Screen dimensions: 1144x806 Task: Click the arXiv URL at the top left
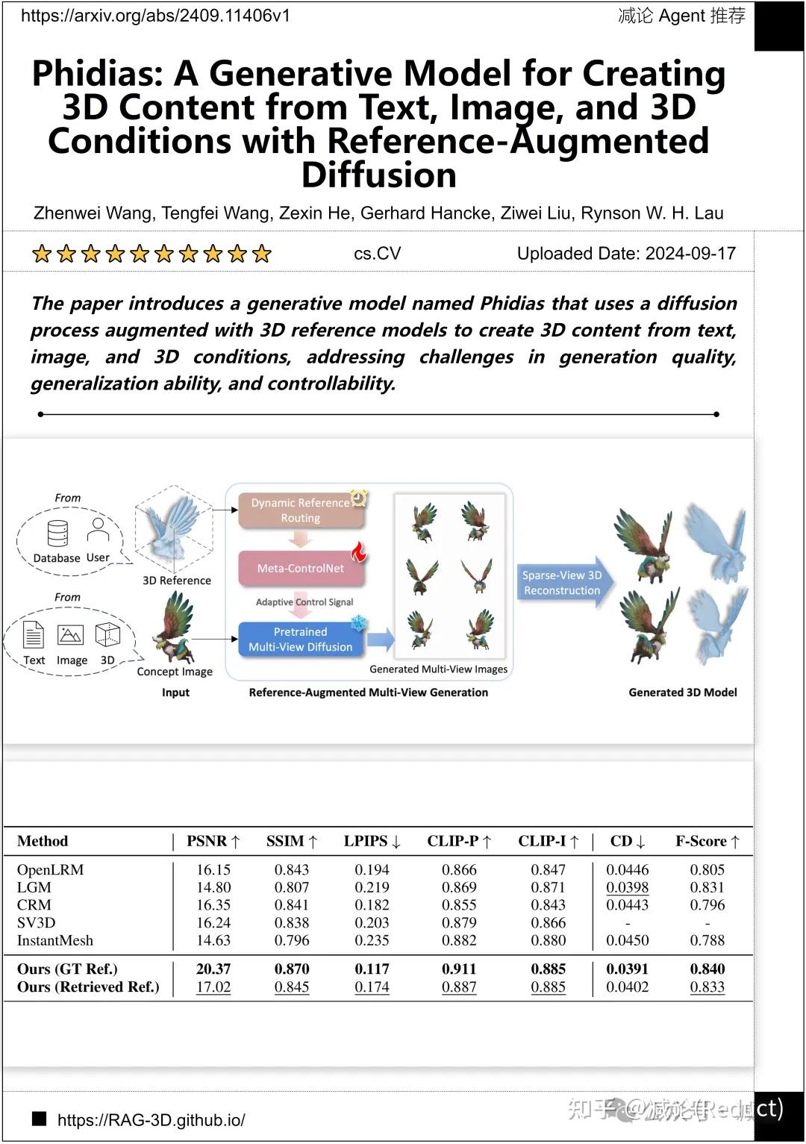[x=155, y=16]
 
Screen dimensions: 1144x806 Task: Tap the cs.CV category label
[x=377, y=254]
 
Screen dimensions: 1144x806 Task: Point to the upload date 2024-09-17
[x=690, y=254]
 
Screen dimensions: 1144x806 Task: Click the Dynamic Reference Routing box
[x=300, y=510]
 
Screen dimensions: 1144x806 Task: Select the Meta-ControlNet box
[x=300, y=569]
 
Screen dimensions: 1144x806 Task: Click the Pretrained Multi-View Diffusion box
[x=300, y=640]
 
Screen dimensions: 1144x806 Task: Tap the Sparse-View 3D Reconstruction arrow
[x=563, y=583]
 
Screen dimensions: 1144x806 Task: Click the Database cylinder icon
[x=57, y=534]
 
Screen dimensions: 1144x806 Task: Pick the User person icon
[x=98, y=530]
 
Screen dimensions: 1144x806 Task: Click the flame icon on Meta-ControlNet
[x=359, y=552]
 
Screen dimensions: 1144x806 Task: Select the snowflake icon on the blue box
[x=358, y=622]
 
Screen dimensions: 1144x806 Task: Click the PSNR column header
[x=213, y=842]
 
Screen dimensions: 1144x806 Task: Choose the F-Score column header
[x=707, y=842]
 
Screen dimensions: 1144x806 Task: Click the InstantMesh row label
[x=55, y=940]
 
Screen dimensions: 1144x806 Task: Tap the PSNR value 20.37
[x=213, y=969]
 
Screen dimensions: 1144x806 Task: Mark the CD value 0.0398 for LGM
[x=627, y=887]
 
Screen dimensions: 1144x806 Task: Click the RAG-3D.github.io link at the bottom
[x=151, y=1120]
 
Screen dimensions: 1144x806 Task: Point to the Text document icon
[x=34, y=635]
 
